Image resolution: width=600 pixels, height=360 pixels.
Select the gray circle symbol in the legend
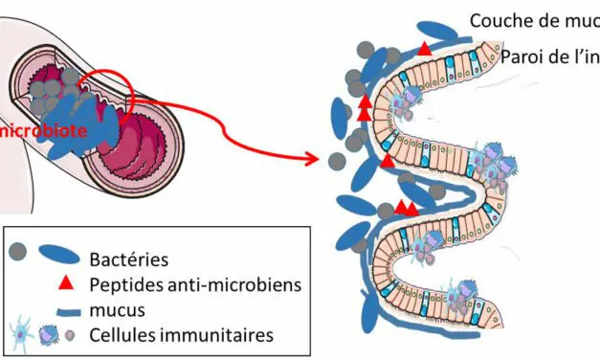[x=17, y=255]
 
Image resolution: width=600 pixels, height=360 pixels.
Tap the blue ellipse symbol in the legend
[x=59, y=256]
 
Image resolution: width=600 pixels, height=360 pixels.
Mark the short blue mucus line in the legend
[x=59, y=309]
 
